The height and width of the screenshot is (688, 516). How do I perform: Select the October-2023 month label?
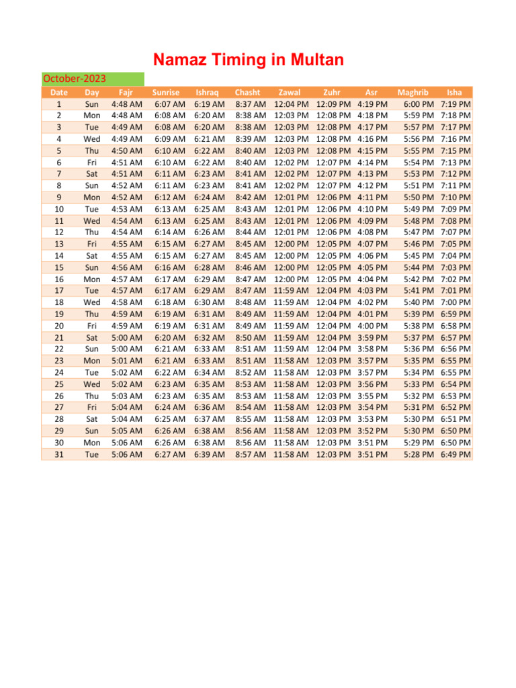[75, 79]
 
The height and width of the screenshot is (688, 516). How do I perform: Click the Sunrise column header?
[166, 92]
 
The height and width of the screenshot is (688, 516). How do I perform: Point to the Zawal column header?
[290, 92]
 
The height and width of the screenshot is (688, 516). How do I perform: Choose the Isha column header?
[454, 92]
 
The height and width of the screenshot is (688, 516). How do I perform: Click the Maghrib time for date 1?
[418, 104]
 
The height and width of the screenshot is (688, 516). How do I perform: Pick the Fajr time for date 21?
[126, 337]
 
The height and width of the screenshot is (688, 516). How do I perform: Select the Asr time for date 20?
[372, 326]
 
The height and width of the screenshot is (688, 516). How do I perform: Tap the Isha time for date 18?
[456, 302]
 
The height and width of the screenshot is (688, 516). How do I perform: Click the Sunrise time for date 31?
[169, 454]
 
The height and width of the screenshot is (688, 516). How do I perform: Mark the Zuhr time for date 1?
[333, 104]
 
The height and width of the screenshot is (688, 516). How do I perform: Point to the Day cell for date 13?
[92, 244]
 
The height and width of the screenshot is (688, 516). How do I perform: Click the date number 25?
[59, 384]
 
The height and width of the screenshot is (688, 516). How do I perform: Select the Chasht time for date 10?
[251, 209]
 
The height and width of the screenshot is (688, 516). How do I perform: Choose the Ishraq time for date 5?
[210, 150]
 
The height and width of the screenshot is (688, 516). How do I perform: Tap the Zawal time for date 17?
[292, 290]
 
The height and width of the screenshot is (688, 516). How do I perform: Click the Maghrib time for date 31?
[418, 454]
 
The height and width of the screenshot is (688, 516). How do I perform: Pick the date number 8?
[59, 185]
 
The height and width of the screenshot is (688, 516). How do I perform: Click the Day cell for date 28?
[92, 419]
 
